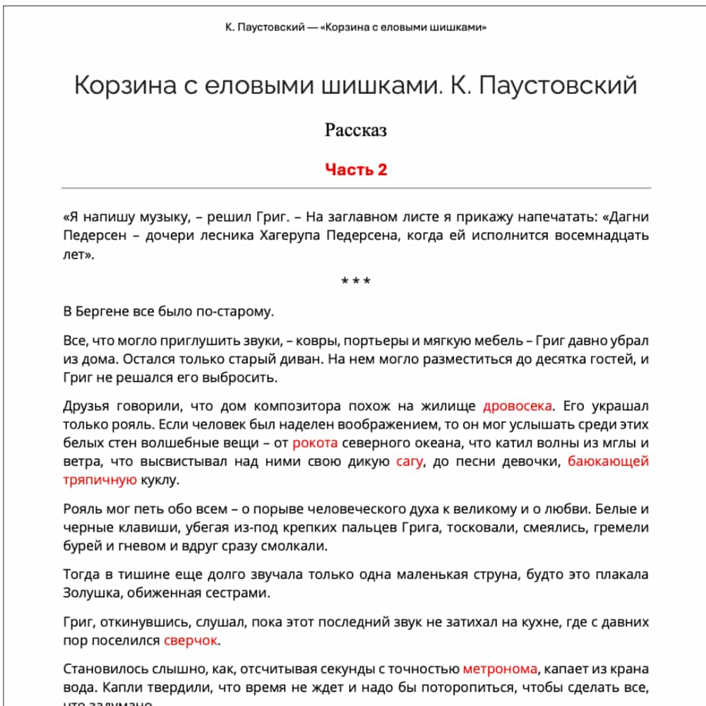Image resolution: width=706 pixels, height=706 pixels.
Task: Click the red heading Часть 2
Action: [356, 169]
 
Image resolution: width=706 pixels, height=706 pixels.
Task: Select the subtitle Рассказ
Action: [356, 131]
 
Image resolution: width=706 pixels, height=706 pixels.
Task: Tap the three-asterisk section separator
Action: [356, 282]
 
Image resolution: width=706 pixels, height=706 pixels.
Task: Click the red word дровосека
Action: [517, 406]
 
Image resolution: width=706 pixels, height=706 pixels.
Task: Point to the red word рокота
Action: [315, 443]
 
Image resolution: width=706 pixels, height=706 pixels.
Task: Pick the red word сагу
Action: [409, 462]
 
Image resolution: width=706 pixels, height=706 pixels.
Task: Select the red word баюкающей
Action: [608, 462]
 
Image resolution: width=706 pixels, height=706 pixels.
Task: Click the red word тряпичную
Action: [100, 480]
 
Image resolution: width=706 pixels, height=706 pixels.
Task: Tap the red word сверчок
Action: [191, 640]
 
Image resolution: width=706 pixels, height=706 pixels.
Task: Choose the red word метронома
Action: [500, 668]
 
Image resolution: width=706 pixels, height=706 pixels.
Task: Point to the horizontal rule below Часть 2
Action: [356, 189]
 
